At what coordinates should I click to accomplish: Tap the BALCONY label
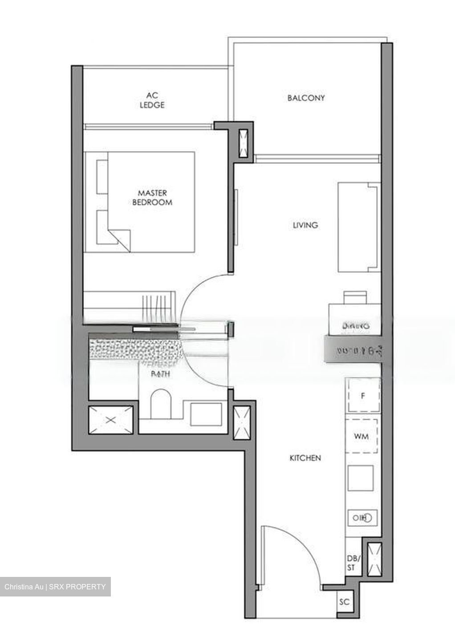306,98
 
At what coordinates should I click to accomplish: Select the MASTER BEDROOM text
152,198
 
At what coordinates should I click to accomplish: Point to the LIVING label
305,225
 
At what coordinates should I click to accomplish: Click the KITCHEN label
305,458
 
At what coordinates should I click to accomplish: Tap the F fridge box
363,395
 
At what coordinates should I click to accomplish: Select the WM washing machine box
362,436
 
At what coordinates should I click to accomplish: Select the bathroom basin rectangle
206,414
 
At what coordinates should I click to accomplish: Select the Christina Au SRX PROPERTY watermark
55,587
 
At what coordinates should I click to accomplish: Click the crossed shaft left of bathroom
111,419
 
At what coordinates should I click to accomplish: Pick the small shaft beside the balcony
244,143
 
